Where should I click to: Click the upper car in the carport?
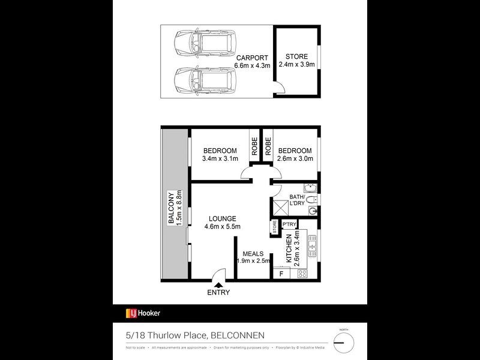196,44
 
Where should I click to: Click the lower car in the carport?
196,79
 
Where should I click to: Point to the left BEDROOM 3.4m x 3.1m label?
220,155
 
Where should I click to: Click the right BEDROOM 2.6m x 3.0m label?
295,155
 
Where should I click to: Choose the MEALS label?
253,258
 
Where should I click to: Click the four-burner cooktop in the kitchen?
302,274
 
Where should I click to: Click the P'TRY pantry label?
289,225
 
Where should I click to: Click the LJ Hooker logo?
143,313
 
